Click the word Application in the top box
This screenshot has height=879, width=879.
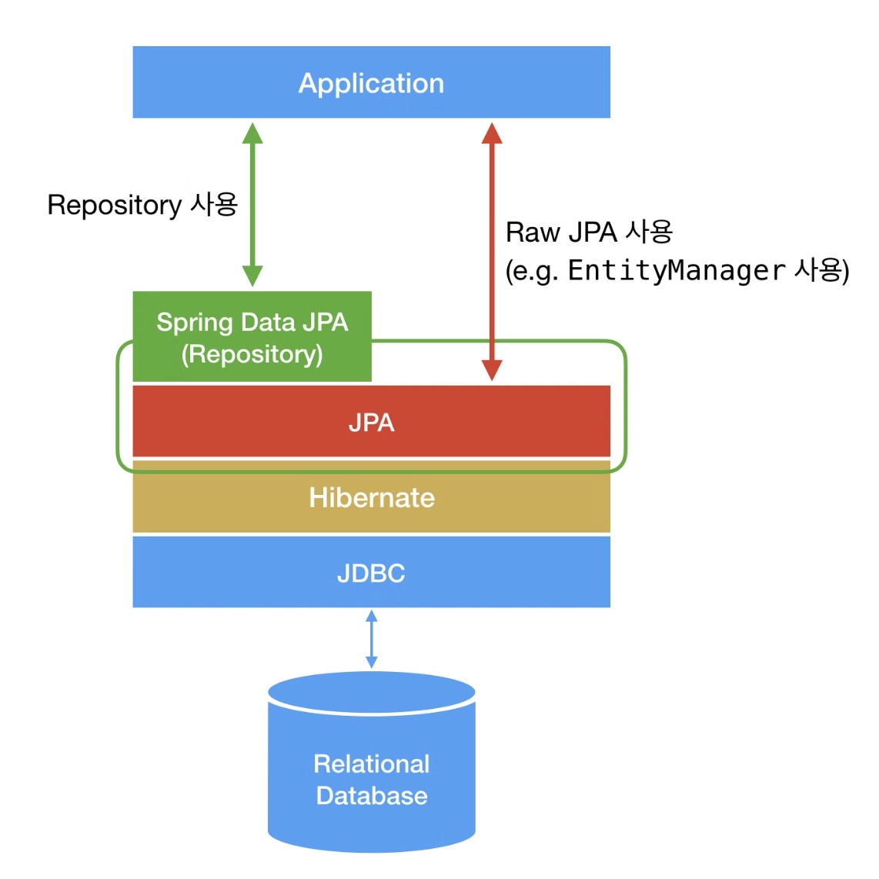(371, 84)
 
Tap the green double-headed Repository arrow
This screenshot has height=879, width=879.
(252, 205)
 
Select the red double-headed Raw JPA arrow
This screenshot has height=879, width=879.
(492, 252)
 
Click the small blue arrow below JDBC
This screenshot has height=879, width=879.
(371, 639)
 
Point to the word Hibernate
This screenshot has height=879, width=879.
(372, 498)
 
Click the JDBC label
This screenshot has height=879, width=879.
(371, 573)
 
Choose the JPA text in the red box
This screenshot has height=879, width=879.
(371, 423)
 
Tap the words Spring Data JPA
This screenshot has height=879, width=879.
(252, 323)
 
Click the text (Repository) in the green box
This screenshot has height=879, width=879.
(252, 354)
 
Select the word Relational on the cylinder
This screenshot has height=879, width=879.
(371, 764)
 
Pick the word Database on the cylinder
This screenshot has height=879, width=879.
(372, 795)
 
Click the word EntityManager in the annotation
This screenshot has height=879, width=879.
(676, 271)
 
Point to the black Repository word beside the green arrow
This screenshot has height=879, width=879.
(115, 206)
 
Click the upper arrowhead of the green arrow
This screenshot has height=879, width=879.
(252, 133)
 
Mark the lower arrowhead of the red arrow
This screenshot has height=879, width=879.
(492, 370)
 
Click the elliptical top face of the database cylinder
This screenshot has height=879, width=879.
(372, 693)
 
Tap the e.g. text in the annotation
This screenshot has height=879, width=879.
(535, 272)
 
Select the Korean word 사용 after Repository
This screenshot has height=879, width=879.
(214, 203)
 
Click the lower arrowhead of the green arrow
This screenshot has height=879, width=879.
(252, 276)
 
